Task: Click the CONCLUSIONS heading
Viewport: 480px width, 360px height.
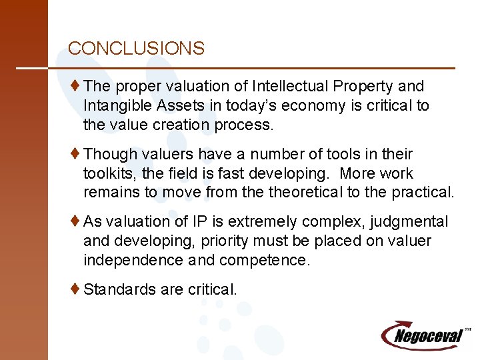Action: coord(136,49)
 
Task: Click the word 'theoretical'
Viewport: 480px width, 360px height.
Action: coord(304,193)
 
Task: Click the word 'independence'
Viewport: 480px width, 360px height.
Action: coord(132,260)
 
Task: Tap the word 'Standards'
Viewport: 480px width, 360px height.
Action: coord(117,289)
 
